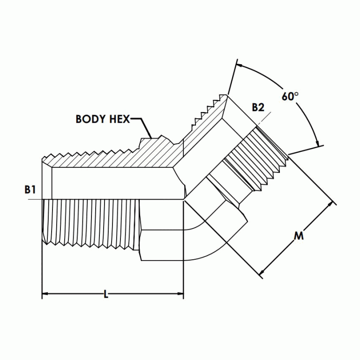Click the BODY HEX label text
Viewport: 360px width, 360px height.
click(x=102, y=119)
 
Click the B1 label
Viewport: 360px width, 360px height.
click(x=30, y=190)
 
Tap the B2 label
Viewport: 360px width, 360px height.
click(x=258, y=107)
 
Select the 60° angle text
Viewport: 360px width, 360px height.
click(x=290, y=97)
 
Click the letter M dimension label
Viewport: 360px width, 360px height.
click(x=299, y=236)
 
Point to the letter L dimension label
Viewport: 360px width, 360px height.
click(x=106, y=295)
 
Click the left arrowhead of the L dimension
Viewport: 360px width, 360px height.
click(x=45, y=295)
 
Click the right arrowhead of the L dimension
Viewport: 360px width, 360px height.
click(x=180, y=295)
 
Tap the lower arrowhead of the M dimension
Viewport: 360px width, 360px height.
click(x=262, y=272)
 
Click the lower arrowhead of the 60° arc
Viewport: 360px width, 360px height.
click(x=318, y=142)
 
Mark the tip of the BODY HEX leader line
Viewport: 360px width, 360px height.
click(x=150, y=137)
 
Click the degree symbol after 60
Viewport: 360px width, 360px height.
click(x=297, y=94)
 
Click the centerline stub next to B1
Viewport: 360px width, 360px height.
click(x=35, y=200)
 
